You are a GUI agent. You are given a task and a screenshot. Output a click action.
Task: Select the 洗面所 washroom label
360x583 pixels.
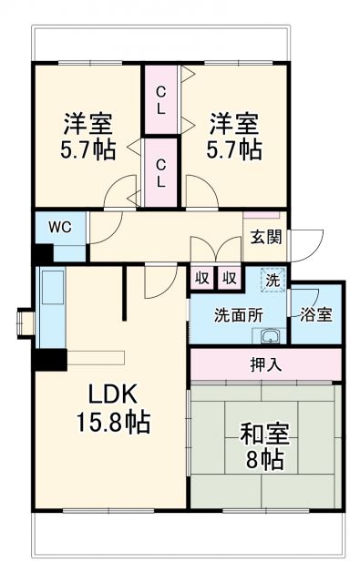click(238, 314)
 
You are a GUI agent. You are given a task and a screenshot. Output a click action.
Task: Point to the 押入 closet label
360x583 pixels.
click(265, 364)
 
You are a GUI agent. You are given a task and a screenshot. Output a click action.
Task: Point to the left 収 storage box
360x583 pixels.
click(202, 278)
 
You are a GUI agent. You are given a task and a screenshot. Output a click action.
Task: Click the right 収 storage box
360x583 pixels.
click(230, 278)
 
